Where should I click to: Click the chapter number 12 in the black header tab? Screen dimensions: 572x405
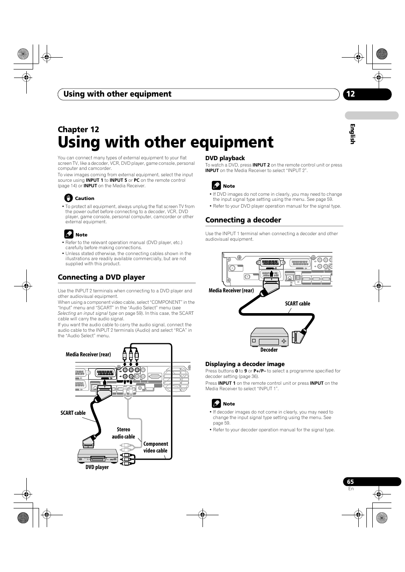(350, 94)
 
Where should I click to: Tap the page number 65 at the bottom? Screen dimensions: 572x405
(350, 482)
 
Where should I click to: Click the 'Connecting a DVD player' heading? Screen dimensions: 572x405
(101, 277)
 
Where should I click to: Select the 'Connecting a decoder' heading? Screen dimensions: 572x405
(243, 220)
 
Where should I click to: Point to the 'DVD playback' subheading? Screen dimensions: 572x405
(225, 158)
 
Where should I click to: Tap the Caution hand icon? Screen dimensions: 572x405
(69, 198)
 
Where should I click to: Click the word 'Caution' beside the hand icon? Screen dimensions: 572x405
(84, 198)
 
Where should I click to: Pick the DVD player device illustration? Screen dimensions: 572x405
(98, 456)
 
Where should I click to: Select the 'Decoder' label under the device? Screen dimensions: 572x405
(269, 350)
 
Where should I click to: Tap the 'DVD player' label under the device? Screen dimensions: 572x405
(97, 467)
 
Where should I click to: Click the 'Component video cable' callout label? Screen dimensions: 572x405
(155, 447)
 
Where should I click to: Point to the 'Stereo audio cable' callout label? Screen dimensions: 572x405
(124, 433)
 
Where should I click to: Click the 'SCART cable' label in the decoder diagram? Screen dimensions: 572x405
(297, 304)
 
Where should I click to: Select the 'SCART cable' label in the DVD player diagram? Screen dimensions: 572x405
(73, 413)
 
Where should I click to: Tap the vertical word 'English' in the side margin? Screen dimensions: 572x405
(352, 134)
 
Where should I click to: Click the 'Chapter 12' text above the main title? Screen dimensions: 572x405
(79, 130)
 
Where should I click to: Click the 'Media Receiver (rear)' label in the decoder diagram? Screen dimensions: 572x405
(231, 291)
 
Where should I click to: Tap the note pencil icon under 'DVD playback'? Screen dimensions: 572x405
(216, 186)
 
